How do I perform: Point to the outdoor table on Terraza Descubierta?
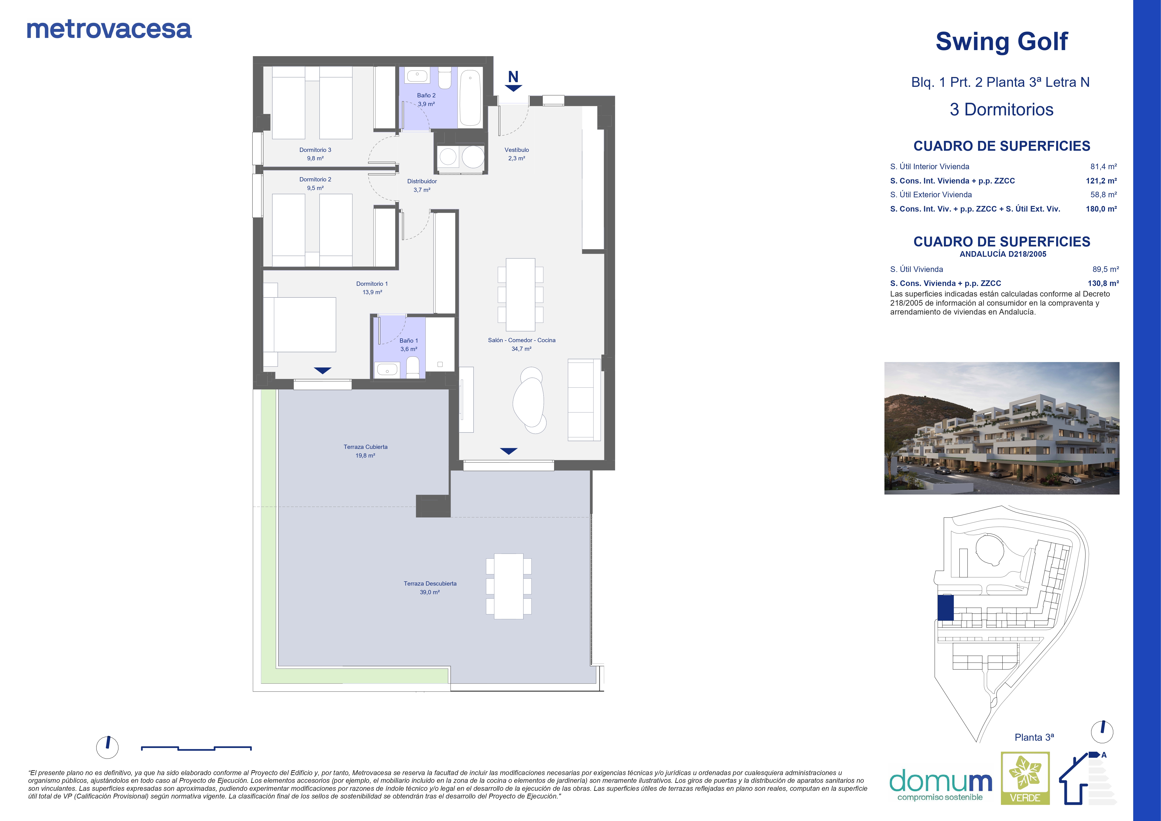[x=509, y=586]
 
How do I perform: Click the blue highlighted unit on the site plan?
[x=946, y=608]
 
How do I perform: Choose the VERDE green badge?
[x=1026, y=778]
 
